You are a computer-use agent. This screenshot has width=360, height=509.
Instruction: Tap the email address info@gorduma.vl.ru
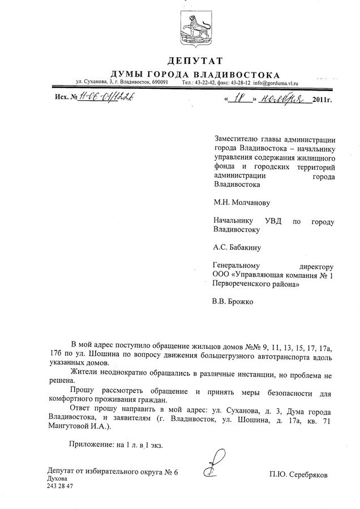[275, 83]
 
